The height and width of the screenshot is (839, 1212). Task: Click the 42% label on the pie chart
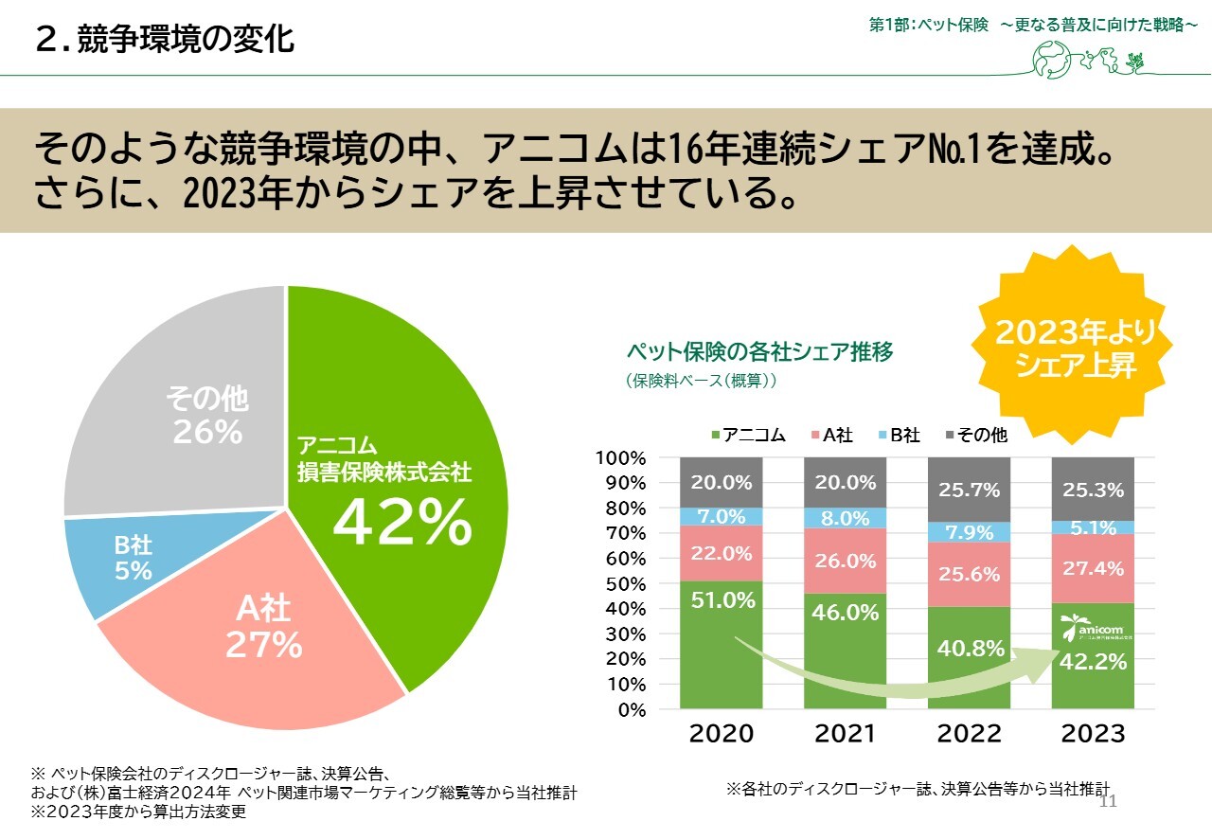coord(401,522)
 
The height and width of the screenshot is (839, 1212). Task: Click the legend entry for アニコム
coord(747,436)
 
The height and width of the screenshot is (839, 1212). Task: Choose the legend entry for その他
coord(975,436)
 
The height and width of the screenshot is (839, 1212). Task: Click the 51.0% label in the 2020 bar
coord(722,599)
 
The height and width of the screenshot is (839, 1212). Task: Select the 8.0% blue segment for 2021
coord(846,518)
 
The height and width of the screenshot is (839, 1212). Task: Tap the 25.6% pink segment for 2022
coord(970,575)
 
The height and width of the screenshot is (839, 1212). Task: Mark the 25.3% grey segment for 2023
coord(1094,490)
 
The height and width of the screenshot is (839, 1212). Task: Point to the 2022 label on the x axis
coord(970,734)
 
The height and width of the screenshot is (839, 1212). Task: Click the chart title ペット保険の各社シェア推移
coord(759,352)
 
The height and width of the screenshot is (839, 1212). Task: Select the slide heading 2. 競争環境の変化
coord(164,40)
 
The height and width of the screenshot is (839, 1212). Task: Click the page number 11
coord(1109,802)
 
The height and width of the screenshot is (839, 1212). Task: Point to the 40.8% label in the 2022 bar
coord(970,649)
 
